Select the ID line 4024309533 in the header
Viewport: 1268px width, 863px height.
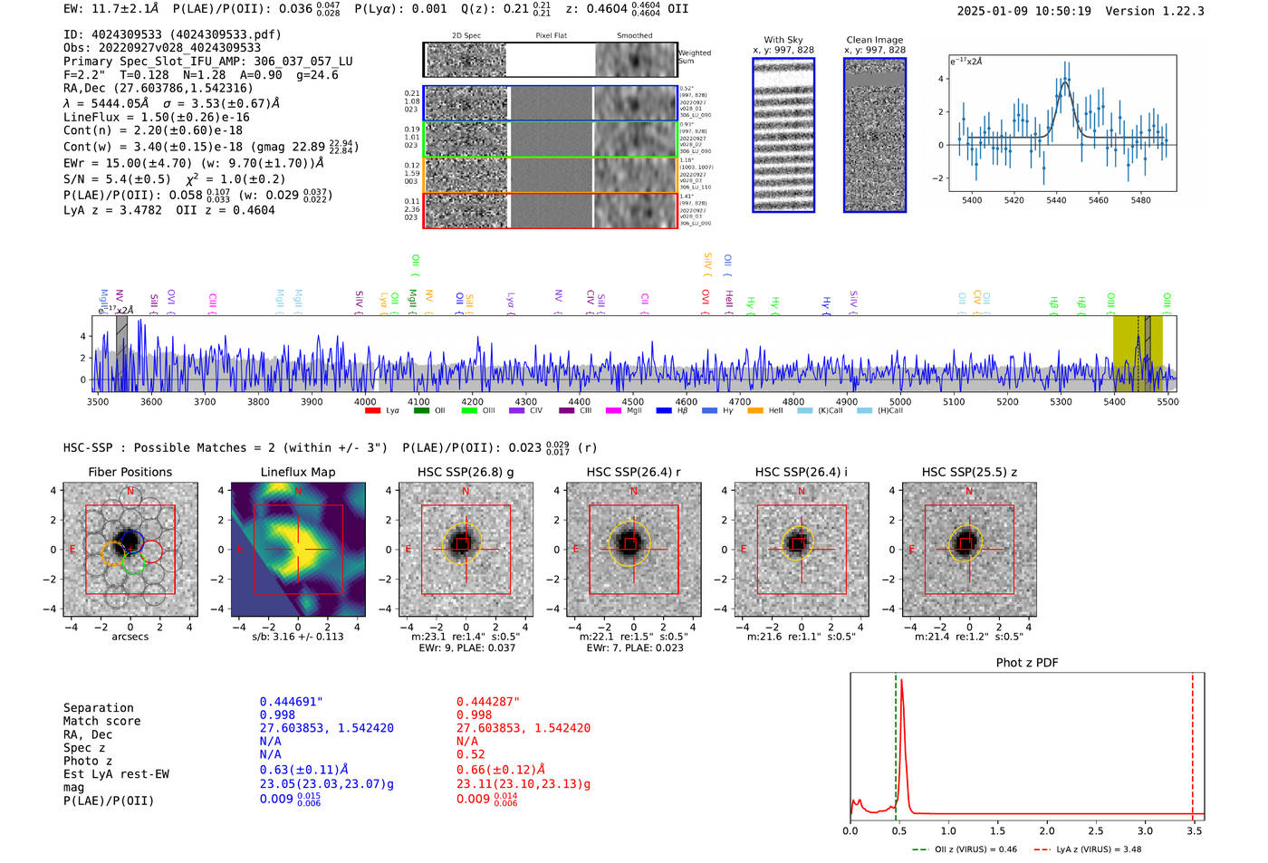click(172, 34)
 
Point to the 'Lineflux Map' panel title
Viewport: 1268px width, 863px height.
click(297, 472)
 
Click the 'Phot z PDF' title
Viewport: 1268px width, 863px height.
click(1026, 663)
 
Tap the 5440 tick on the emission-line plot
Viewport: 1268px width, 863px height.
click(1056, 200)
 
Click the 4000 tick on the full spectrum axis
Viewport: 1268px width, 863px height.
click(365, 402)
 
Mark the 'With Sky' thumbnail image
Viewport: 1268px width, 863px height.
click(783, 135)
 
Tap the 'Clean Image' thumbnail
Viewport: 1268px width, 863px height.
click(874, 135)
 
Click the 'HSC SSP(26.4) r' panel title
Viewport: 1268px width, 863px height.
click(633, 472)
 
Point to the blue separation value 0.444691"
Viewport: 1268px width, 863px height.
click(291, 702)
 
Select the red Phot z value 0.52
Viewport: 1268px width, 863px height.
click(470, 754)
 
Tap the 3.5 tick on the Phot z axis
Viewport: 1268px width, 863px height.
click(1195, 830)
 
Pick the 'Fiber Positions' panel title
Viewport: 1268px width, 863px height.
click(130, 472)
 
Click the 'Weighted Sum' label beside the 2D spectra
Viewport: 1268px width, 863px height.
click(694, 57)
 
